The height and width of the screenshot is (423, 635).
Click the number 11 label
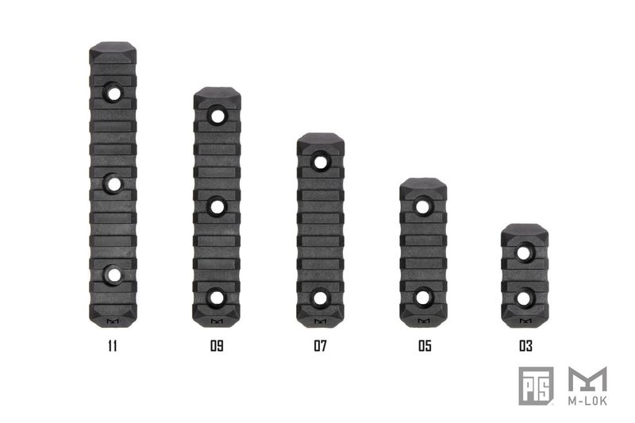(114, 346)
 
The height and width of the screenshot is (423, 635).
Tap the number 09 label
(217, 346)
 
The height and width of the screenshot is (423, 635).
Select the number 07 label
(320, 346)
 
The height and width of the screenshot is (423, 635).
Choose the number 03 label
(525, 346)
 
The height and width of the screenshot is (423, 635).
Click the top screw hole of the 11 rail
(114, 94)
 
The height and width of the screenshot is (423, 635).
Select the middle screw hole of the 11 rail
(114, 184)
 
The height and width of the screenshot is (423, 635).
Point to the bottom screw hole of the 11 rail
(114, 275)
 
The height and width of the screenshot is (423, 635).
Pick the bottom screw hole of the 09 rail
(217, 298)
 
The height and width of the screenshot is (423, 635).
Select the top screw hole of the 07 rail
(320, 163)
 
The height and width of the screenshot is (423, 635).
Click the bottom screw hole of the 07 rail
(320, 298)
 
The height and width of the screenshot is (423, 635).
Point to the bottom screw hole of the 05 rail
(423, 298)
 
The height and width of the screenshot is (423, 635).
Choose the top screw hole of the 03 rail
(525, 253)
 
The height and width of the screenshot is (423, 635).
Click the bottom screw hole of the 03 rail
(525, 298)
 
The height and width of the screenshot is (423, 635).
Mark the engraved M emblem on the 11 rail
(112, 322)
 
